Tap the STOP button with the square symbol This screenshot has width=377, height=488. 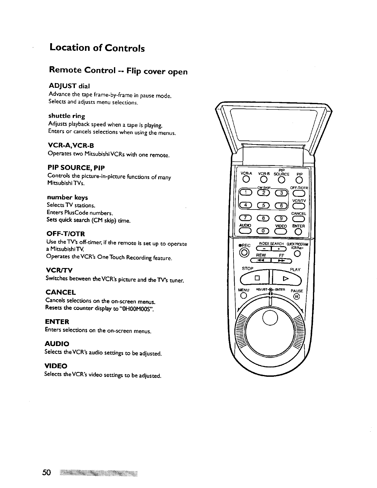255,279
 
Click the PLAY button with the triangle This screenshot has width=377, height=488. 285,279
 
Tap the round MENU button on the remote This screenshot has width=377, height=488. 243,296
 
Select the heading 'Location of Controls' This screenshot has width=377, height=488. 97,48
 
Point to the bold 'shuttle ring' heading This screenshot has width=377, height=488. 66,116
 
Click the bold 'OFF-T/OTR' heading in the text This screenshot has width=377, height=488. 65,234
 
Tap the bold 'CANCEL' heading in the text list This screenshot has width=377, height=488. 60,292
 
